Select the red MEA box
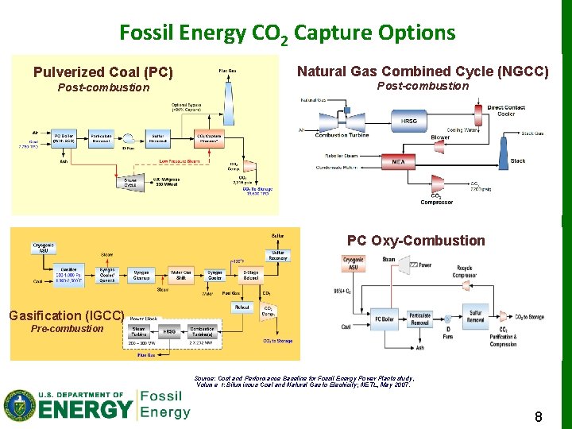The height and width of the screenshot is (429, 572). click(398, 161)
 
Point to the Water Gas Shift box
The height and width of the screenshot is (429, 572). click(181, 275)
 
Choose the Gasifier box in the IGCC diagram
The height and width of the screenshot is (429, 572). click(68, 275)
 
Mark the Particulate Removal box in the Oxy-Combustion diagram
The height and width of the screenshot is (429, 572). click(419, 318)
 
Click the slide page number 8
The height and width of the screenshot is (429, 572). click(538, 415)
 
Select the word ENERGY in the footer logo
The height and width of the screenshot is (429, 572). click(86, 408)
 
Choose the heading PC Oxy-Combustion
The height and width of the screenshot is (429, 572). click(415, 241)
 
